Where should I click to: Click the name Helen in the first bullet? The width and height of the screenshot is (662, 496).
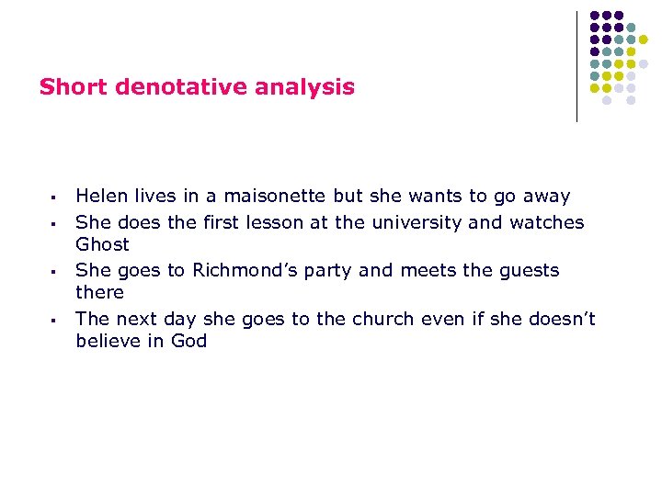point(102,197)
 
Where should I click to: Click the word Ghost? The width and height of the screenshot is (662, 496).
point(102,245)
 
